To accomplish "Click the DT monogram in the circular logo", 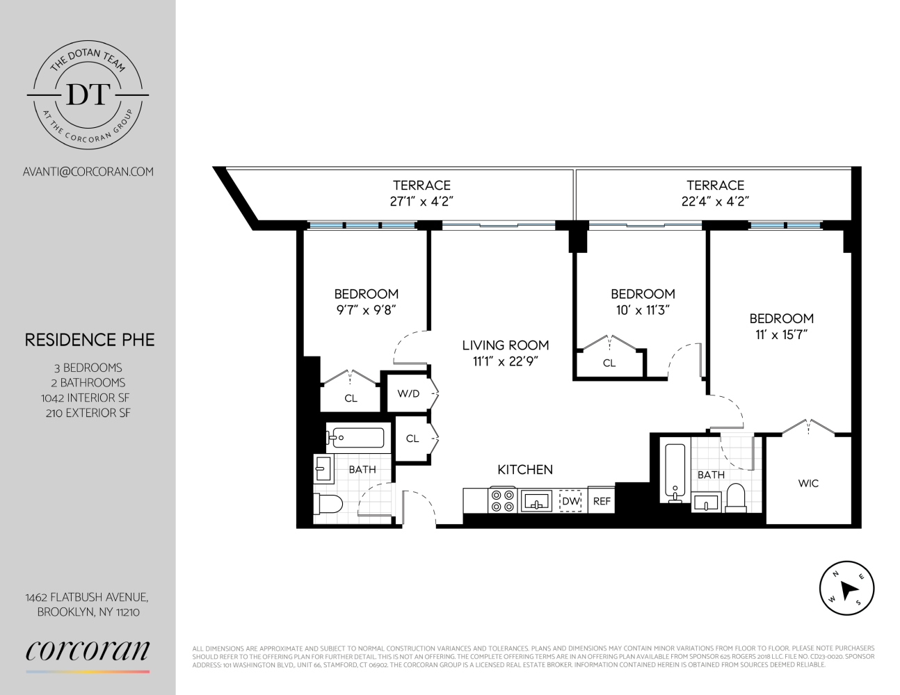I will click(88, 95).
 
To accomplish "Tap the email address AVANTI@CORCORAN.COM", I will click(88, 172).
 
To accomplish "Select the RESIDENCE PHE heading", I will click(90, 340).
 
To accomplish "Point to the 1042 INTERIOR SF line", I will click(86, 398).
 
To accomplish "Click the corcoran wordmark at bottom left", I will click(88, 651).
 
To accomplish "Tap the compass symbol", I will click(846, 589).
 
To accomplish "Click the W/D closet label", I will click(408, 394).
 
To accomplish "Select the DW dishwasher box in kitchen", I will click(571, 501).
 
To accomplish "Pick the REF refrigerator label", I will click(602, 501).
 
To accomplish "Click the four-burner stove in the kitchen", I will click(502, 500).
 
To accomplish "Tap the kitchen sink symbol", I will click(536, 500).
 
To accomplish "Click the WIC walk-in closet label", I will click(808, 483).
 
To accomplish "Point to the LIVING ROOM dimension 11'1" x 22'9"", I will click(505, 361).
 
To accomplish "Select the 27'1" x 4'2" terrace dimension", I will click(421, 202).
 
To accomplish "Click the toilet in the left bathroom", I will click(328, 504).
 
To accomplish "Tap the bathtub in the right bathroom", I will click(674, 472).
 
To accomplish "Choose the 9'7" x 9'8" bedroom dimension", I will click(366, 310).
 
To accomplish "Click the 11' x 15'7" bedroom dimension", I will click(781, 334).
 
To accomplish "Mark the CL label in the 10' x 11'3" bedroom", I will click(609, 363).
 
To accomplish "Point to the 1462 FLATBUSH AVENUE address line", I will click(87, 597).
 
